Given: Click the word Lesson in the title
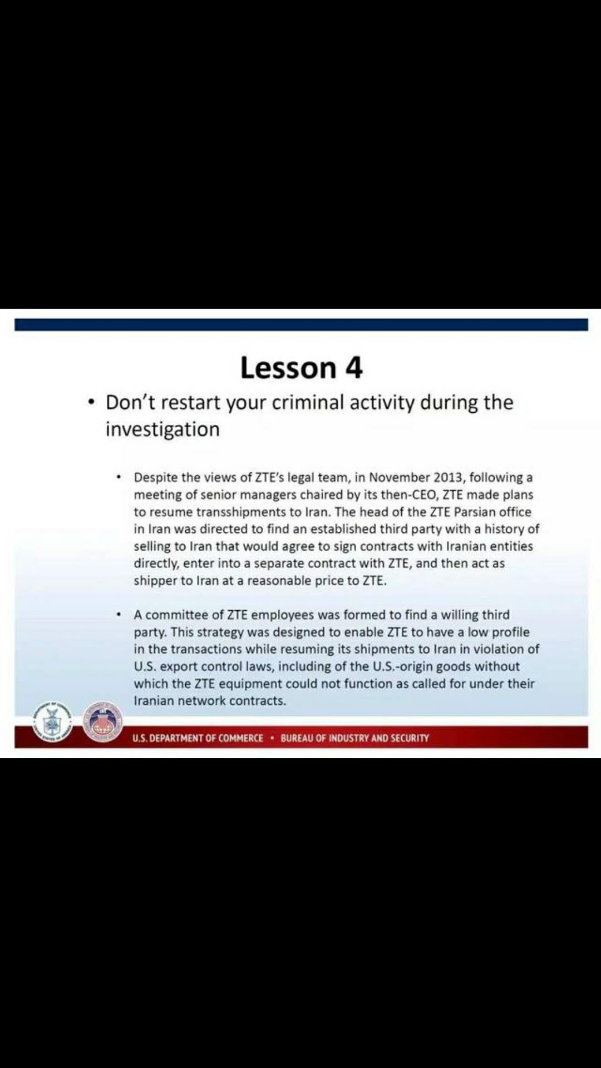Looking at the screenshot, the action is [x=288, y=368].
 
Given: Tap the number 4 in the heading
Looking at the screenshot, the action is [x=354, y=368].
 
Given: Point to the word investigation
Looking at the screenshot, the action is [x=162, y=429].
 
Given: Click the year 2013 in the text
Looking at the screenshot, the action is [x=448, y=477].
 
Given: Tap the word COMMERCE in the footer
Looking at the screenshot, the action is [x=240, y=738].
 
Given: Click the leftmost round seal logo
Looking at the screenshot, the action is [x=52, y=721].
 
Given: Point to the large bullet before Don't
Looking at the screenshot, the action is [x=92, y=402].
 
